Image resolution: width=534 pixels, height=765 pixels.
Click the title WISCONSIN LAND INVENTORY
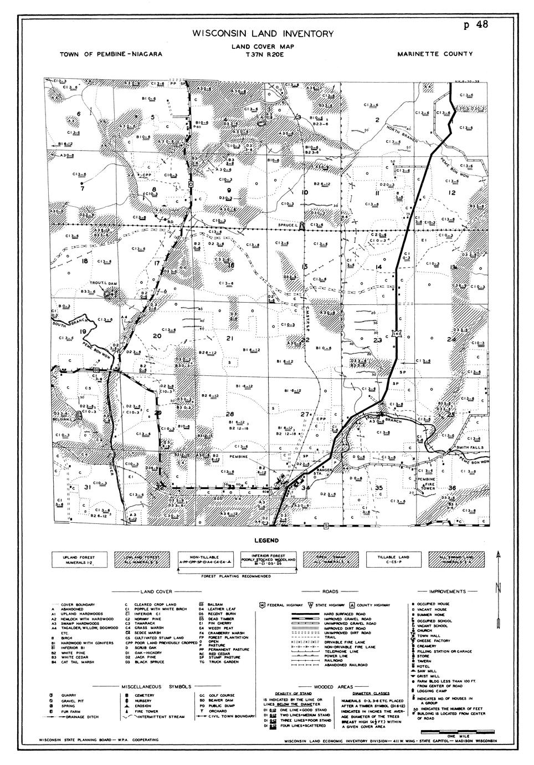(263, 34)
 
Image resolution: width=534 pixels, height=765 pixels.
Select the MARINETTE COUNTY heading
(435, 54)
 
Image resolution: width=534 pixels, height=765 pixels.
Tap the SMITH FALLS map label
(470, 447)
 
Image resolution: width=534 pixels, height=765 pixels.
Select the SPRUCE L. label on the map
(287, 225)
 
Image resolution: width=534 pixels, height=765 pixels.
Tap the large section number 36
(452, 487)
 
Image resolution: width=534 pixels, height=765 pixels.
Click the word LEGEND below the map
(266, 540)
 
